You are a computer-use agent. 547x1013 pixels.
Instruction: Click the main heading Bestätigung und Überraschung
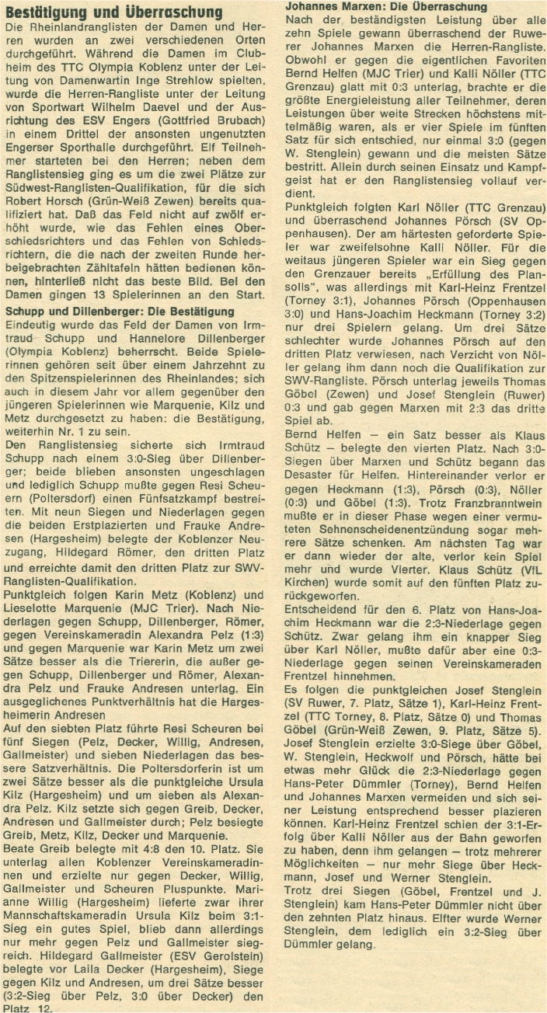pos(116,12)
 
